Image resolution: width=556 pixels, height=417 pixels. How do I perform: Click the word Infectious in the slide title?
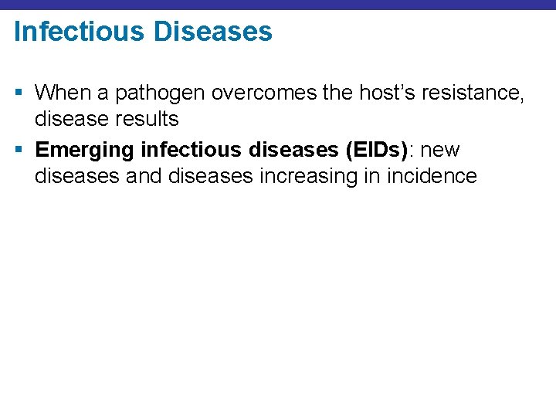coord(79,32)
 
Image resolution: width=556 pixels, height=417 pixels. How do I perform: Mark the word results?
coord(151,119)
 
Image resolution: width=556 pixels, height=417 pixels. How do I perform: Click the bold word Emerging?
coord(85,150)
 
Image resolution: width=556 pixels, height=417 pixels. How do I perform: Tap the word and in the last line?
coord(144,175)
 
